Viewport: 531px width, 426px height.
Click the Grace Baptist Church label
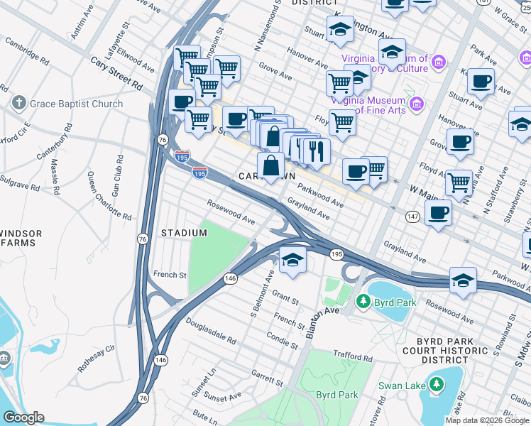(x=76, y=104)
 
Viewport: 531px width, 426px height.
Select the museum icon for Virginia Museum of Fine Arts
(x=417, y=106)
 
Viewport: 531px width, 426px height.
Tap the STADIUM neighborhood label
(x=184, y=233)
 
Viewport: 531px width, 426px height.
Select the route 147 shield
(x=412, y=215)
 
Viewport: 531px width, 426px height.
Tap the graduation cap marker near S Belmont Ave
(x=292, y=261)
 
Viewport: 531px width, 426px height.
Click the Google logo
(x=23, y=417)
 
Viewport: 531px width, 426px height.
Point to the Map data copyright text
(x=487, y=420)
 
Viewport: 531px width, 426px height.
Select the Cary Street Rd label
(x=116, y=72)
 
